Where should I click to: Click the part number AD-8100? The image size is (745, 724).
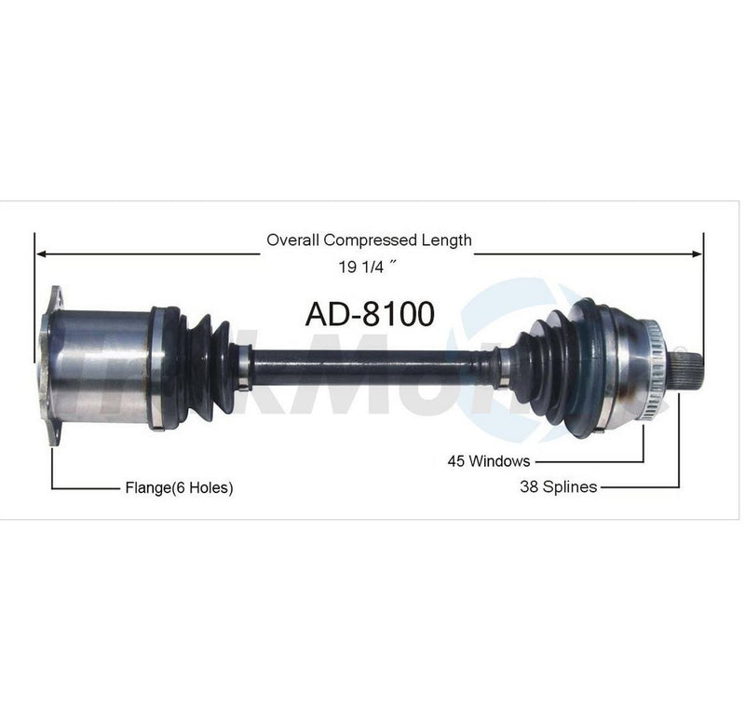coord(370,314)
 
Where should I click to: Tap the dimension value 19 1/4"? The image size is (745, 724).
coord(369,266)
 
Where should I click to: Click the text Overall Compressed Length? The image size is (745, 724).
coord(369,240)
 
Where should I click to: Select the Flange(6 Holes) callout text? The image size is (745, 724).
coord(178,487)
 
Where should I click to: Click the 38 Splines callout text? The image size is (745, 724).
coord(559,485)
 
